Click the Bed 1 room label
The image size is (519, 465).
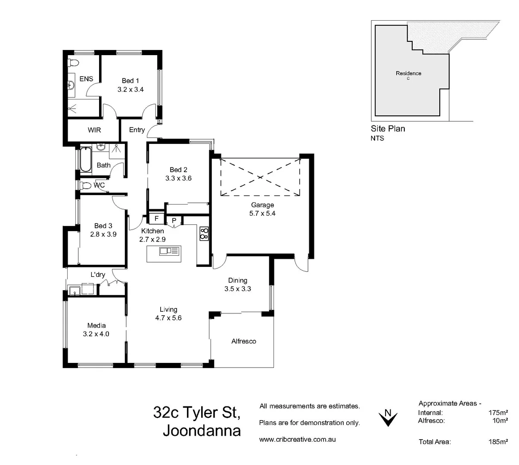[130, 81]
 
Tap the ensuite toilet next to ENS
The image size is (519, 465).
[73, 63]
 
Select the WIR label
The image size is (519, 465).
[94, 130]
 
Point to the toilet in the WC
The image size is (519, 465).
[86, 186]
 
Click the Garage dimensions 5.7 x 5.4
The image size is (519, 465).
[262, 213]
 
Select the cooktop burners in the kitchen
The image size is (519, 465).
[204, 233]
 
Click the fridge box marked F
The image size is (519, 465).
[156, 218]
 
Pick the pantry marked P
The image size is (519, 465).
[174, 220]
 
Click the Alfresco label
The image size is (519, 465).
[243, 341]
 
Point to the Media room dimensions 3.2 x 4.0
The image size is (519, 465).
[96, 334]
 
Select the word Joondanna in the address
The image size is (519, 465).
[202, 431]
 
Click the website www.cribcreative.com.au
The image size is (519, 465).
[297, 440]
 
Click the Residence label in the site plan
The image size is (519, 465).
[408, 73]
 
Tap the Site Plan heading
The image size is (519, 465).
[388, 128]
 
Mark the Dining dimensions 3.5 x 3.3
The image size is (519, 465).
[237, 289]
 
